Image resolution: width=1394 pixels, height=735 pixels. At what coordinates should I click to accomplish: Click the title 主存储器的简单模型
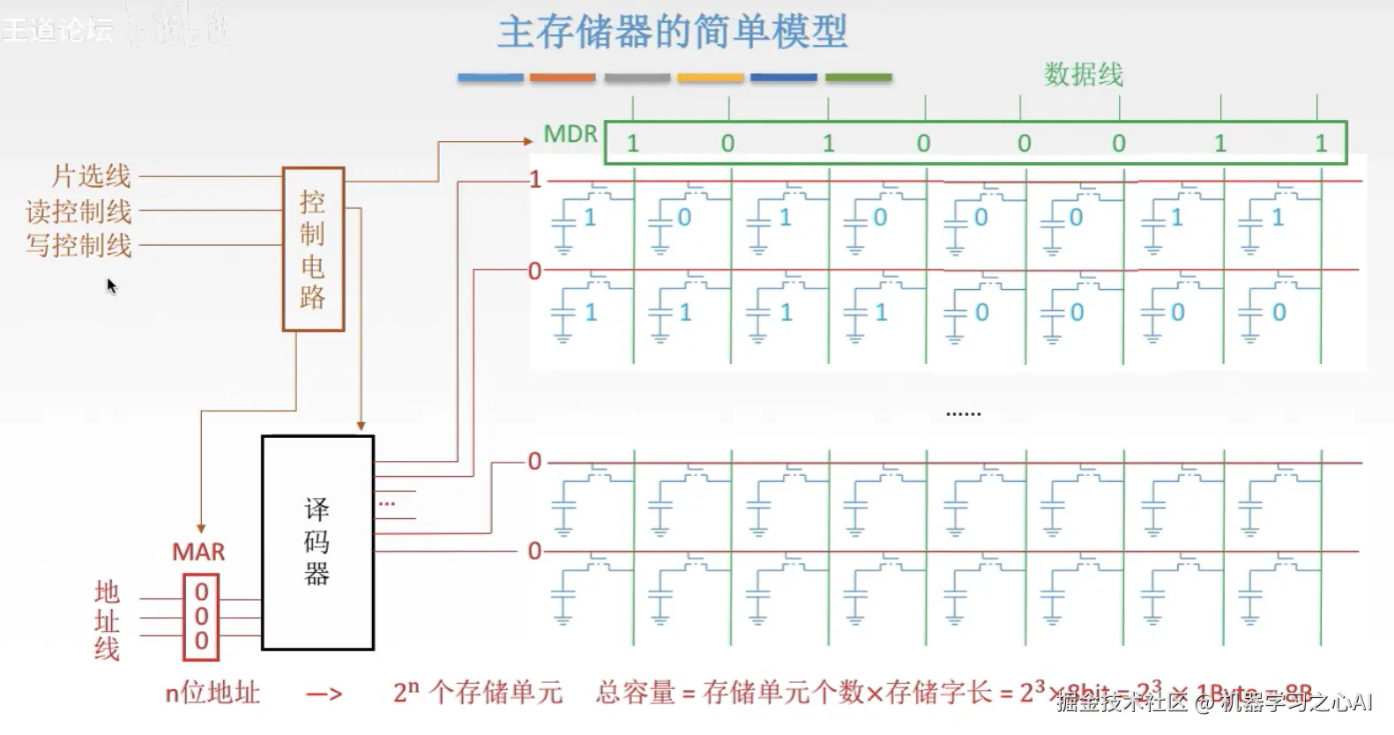[672, 32]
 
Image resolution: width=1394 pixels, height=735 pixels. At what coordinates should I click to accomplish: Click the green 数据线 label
[1083, 75]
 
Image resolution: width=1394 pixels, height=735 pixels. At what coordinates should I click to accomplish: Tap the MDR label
[570, 134]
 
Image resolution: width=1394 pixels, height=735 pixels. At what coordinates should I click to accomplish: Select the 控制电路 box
[313, 249]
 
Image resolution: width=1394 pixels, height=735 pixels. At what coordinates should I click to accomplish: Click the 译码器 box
[317, 543]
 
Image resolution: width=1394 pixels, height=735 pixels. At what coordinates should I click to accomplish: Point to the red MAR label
[198, 553]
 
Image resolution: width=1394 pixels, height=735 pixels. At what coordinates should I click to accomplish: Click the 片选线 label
[91, 176]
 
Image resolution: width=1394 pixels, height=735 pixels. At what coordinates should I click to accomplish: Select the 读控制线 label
[78, 212]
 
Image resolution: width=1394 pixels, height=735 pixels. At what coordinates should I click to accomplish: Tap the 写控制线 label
[78, 245]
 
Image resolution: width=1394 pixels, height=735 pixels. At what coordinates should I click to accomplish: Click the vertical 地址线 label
[107, 620]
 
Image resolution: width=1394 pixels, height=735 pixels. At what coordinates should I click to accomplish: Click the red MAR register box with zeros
[201, 617]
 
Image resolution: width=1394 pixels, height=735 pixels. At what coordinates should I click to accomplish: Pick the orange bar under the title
[563, 78]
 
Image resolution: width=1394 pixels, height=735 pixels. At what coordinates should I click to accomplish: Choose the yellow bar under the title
[711, 78]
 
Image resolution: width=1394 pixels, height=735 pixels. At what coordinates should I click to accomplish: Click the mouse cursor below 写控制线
[111, 286]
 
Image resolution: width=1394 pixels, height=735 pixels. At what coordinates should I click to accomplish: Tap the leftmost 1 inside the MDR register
[632, 144]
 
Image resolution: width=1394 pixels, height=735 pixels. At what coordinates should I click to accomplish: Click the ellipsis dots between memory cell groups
[963, 412]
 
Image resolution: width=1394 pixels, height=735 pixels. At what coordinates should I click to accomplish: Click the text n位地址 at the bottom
[212, 694]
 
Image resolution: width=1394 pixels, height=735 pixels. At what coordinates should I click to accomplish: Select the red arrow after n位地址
[324, 694]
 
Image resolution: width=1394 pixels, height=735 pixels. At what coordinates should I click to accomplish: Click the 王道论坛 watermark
[57, 30]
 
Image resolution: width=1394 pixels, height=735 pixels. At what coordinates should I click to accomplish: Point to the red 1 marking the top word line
[535, 180]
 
